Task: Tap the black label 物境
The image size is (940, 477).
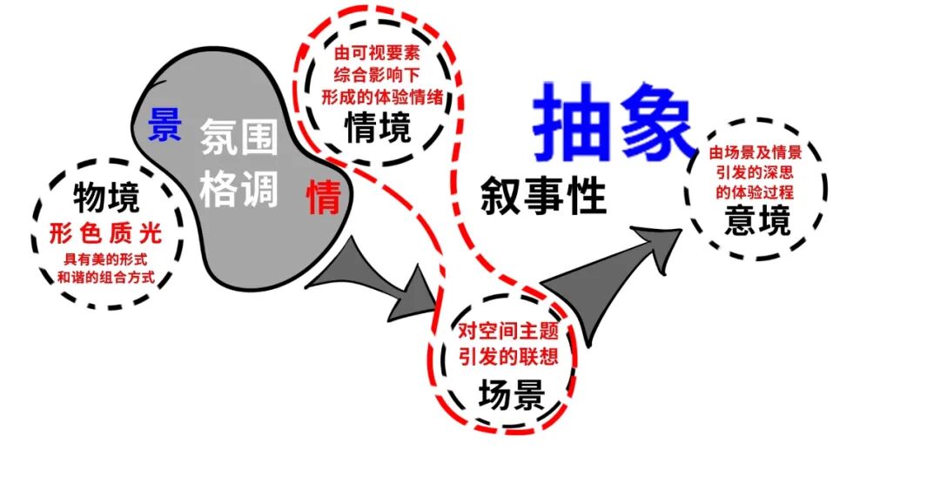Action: point(106,198)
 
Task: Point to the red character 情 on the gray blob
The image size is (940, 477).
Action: point(323,198)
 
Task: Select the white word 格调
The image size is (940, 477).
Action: point(239,188)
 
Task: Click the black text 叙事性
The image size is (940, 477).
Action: point(543,198)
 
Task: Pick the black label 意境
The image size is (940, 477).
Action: point(757,222)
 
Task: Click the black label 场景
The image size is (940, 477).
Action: point(512,396)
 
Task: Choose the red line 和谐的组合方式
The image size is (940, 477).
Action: point(106,279)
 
